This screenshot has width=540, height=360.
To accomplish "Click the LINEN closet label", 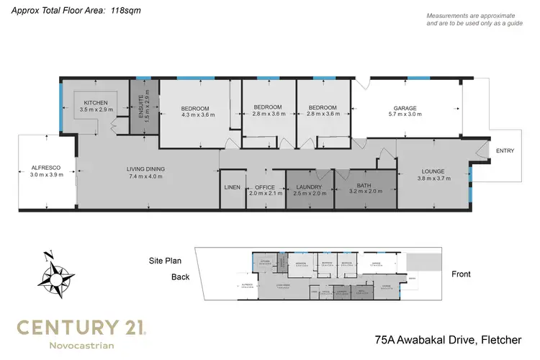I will coord(232,187).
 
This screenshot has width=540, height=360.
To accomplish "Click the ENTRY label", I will coord(505,150).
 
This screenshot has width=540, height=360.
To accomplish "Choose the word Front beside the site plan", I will coord(461,274).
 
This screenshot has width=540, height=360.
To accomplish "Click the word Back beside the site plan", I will coord(181,276).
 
